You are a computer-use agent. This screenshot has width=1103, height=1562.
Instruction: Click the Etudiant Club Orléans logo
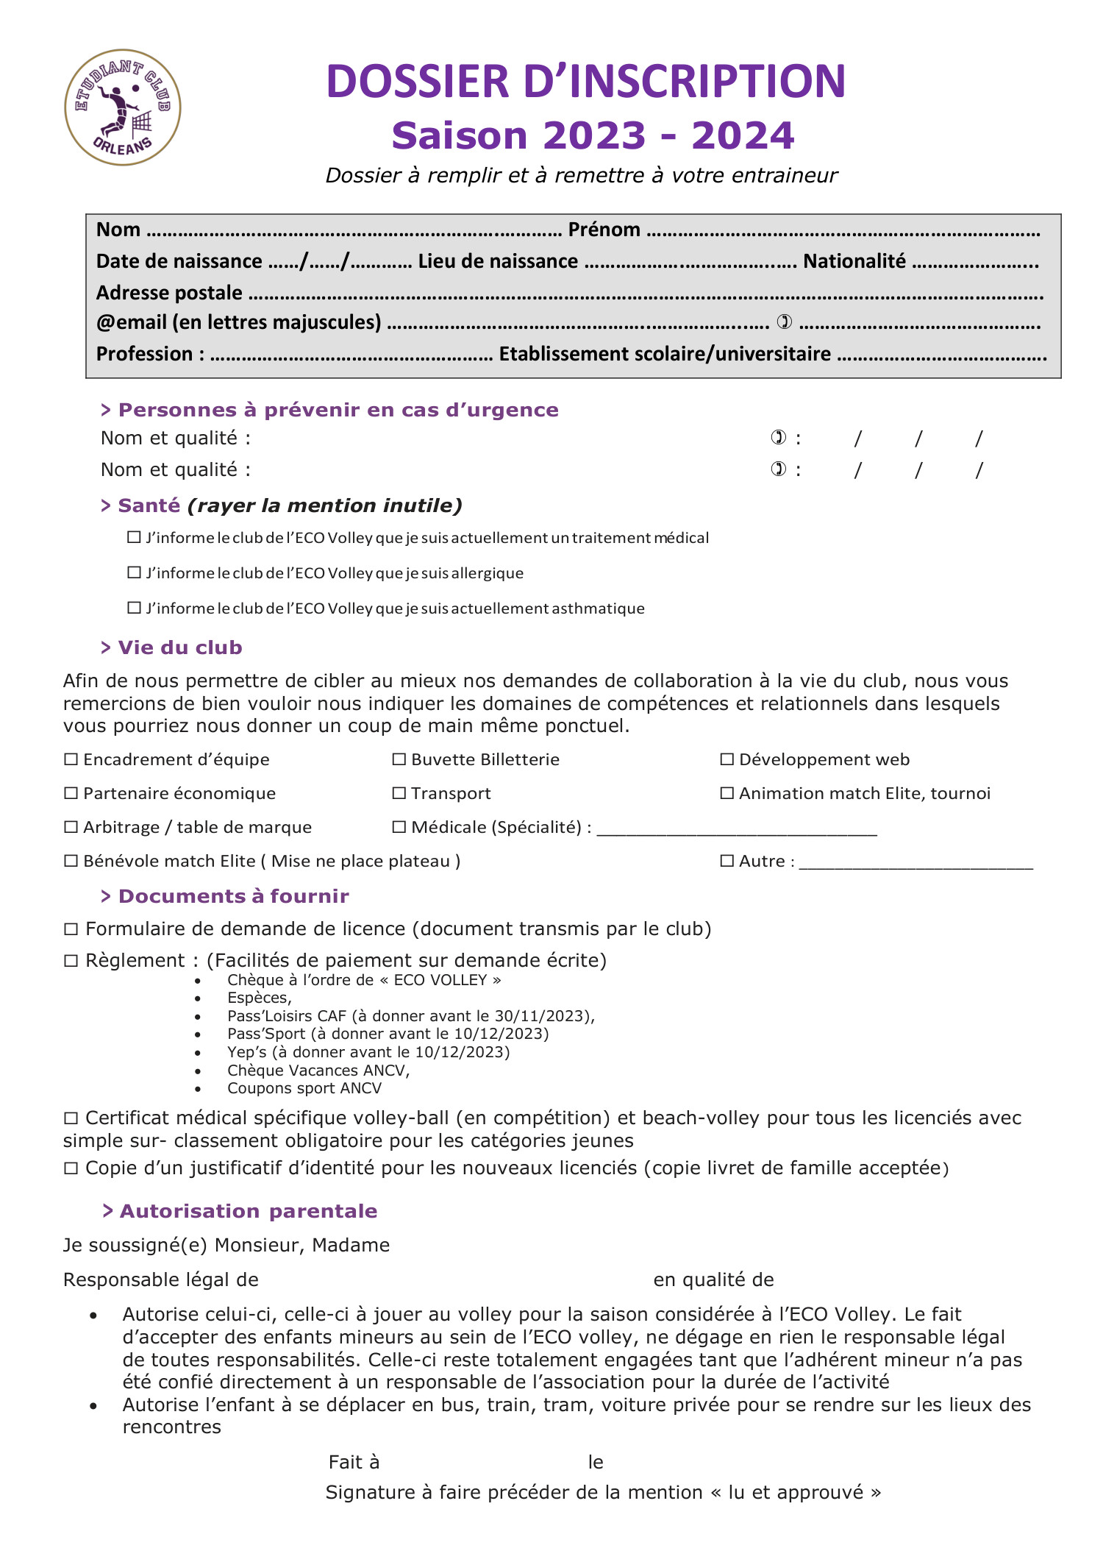pos(123,107)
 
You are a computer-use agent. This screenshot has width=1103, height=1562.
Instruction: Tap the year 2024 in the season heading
pos(743,136)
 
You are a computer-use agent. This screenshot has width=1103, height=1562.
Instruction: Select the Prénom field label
pos(604,230)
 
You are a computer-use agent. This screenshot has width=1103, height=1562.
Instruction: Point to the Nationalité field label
pos(854,261)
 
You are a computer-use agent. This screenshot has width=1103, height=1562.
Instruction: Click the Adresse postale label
pos(169,293)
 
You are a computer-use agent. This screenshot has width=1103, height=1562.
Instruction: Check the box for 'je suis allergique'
pos(134,572)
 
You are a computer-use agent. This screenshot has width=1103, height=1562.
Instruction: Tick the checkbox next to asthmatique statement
pos(134,608)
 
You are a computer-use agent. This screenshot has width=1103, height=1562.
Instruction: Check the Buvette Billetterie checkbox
pos(399,759)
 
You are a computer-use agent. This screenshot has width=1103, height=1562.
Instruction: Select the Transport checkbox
pos(399,793)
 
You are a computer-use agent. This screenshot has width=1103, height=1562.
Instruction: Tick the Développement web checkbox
pos(727,759)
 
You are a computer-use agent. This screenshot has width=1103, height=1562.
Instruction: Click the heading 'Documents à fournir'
pos(233,896)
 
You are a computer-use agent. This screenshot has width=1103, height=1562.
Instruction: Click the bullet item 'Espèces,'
pos(259,998)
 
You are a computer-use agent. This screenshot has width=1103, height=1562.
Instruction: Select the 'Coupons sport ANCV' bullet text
pos(304,1088)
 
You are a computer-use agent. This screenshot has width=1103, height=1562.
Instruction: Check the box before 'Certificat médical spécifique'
pos(71,1118)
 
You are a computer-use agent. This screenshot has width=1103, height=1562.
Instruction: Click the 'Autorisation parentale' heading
pos(248,1211)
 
